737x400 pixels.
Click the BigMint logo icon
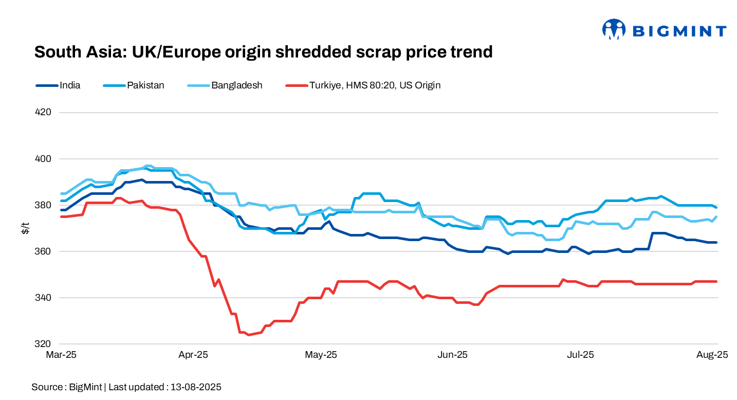point(614,30)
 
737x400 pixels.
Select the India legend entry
point(69,85)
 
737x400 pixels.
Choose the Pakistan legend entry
point(145,85)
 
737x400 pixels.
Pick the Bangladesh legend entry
point(236,85)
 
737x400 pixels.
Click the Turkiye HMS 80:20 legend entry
point(375,85)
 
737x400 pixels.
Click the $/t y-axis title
point(25,228)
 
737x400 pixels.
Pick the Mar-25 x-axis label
point(61,355)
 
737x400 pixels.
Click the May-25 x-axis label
point(321,355)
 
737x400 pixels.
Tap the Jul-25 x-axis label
point(581,355)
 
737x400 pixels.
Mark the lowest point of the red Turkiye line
point(248,335)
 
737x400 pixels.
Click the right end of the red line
point(716,281)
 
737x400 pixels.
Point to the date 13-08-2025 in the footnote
point(196,387)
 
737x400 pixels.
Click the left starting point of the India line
point(62,210)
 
